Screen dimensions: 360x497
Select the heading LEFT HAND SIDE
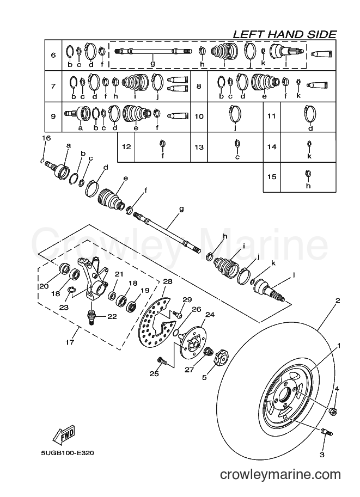(284, 34)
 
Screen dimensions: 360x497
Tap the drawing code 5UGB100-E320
(67, 453)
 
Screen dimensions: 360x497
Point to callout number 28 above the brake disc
(168, 281)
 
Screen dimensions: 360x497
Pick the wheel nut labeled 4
(333, 412)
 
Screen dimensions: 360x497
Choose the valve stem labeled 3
(326, 432)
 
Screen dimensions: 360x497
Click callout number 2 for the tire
(338, 300)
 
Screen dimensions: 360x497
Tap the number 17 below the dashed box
(70, 342)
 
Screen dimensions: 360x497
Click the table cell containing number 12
(126, 147)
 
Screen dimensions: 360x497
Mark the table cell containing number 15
(272, 177)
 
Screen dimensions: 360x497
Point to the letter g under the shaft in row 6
(152, 63)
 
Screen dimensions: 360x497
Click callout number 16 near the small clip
(46, 138)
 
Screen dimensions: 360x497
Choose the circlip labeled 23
(72, 290)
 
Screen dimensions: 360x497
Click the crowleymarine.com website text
(280, 475)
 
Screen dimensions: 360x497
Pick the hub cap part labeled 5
(222, 358)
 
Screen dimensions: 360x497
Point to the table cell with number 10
(199, 116)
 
